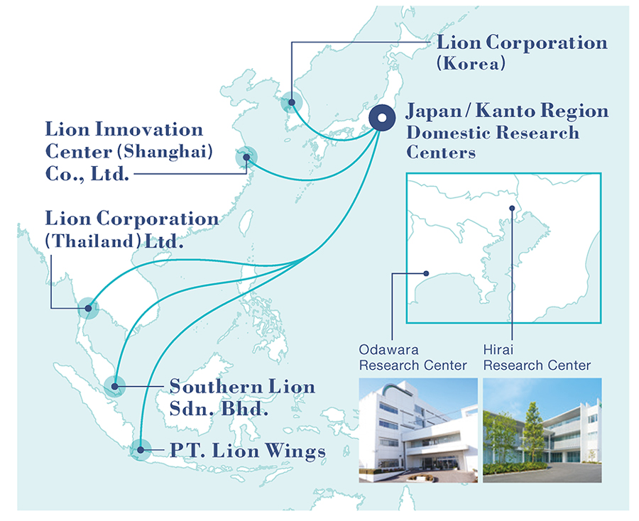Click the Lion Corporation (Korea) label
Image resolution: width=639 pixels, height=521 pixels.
522,53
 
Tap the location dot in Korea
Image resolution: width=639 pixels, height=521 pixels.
291,102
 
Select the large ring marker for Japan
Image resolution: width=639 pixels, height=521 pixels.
382,118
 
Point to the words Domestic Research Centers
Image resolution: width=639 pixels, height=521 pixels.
493,142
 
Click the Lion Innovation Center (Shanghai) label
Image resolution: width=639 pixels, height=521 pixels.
129,151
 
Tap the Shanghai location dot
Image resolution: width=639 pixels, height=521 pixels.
246,158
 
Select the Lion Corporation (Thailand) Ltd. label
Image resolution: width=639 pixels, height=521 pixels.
131,230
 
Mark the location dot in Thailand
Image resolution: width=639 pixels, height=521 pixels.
89,308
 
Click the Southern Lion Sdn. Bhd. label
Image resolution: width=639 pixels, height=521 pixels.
243,397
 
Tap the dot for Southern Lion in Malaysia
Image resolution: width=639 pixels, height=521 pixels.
114,386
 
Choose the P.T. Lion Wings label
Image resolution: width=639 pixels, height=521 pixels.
248,451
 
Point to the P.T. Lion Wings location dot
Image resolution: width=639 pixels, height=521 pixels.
141,450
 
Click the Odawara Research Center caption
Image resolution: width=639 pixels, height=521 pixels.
413,357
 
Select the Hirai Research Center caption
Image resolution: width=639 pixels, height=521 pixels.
537,357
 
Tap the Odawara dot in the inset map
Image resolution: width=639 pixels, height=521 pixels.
426,273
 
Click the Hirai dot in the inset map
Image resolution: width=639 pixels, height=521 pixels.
512,208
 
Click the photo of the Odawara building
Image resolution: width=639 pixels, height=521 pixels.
418,430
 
